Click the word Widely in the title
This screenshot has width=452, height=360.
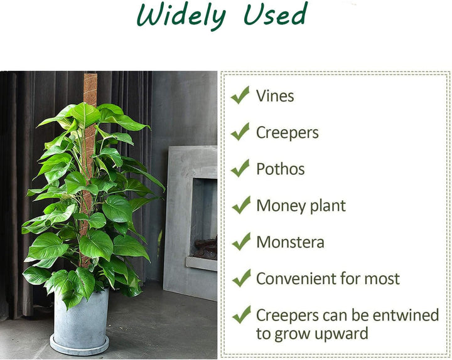(x=181, y=16)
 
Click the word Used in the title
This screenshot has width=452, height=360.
(x=275, y=14)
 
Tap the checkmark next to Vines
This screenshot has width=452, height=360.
(x=240, y=95)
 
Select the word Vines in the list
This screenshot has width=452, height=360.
(x=275, y=96)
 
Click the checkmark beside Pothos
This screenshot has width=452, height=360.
(x=240, y=168)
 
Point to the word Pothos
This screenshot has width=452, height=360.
(x=281, y=169)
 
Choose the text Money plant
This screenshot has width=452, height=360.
(x=301, y=206)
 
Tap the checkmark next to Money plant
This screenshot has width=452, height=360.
(x=241, y=204)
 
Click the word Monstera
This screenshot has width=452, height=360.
(x=290, y=242)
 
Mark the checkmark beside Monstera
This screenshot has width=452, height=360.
(x=241, y=241)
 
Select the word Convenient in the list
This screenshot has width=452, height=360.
(x=296, y=278)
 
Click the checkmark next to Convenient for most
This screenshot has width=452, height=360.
(x=241, y=278)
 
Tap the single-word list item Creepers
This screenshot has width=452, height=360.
(x=288, y=133)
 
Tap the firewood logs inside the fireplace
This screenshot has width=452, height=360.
(x=206, y=248)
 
